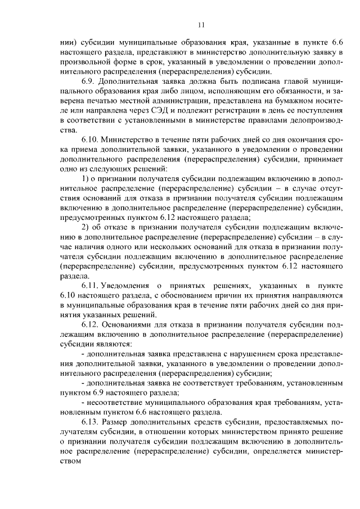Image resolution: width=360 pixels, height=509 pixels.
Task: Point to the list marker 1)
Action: pyautogui.click(x=86, y=178)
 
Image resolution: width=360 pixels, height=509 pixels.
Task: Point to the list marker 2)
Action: pyautogui.click(x=86, y=227)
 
